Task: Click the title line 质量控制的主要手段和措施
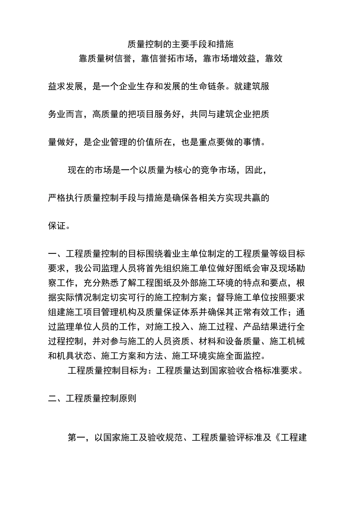tap(180, 45)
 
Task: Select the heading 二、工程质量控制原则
tap(92, 399)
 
